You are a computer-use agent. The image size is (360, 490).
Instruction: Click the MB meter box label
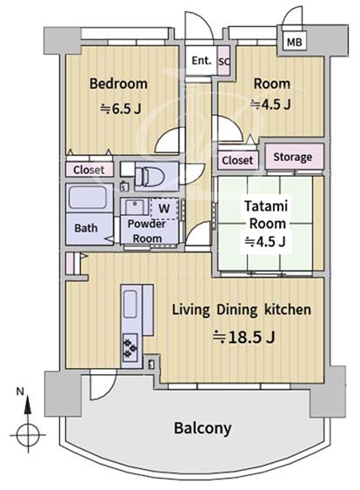click(x=294, y=42)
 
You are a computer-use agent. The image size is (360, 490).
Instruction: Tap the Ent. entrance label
click(x=201, y=60)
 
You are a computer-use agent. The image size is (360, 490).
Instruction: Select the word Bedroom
click(x=118, y=84)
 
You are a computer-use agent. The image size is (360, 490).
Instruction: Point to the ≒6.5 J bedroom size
click(x=121, y=109)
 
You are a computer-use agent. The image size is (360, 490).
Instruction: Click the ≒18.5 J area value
click(x=243, y=337)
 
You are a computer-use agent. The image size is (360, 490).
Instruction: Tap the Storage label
click(x=292, y=157)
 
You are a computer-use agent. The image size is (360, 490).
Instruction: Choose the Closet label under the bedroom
click(x=89, y=170)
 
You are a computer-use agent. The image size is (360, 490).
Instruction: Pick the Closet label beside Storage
click(x=237, y=160)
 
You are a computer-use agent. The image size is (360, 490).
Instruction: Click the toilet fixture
click(x=150, y=177)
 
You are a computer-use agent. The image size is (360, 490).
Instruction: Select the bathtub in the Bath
click(x=88, y=198)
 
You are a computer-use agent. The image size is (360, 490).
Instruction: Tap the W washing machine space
click(x=164, y=208)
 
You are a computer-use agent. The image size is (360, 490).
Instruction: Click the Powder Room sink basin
click(x=135, y=206)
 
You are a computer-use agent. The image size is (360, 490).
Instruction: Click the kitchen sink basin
click(x=130, y=304)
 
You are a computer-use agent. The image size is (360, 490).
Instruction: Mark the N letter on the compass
click(x=20, y=392)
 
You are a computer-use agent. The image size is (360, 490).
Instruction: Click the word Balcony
click(x=203, y=428)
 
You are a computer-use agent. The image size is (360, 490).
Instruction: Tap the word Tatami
click(x=266, y=206)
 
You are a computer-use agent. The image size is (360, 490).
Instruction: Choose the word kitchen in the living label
click(x=288, y=310)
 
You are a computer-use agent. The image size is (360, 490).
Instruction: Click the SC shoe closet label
click(x=223, y=62)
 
